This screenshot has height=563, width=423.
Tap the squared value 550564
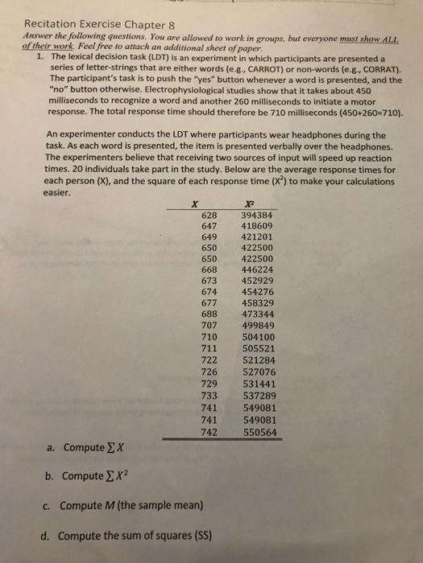pyautogui.click(x=259, y=431)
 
